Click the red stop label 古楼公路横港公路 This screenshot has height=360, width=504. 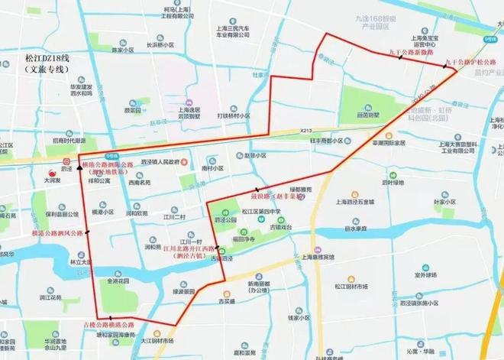[108, 326]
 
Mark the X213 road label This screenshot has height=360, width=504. [307, 131]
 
